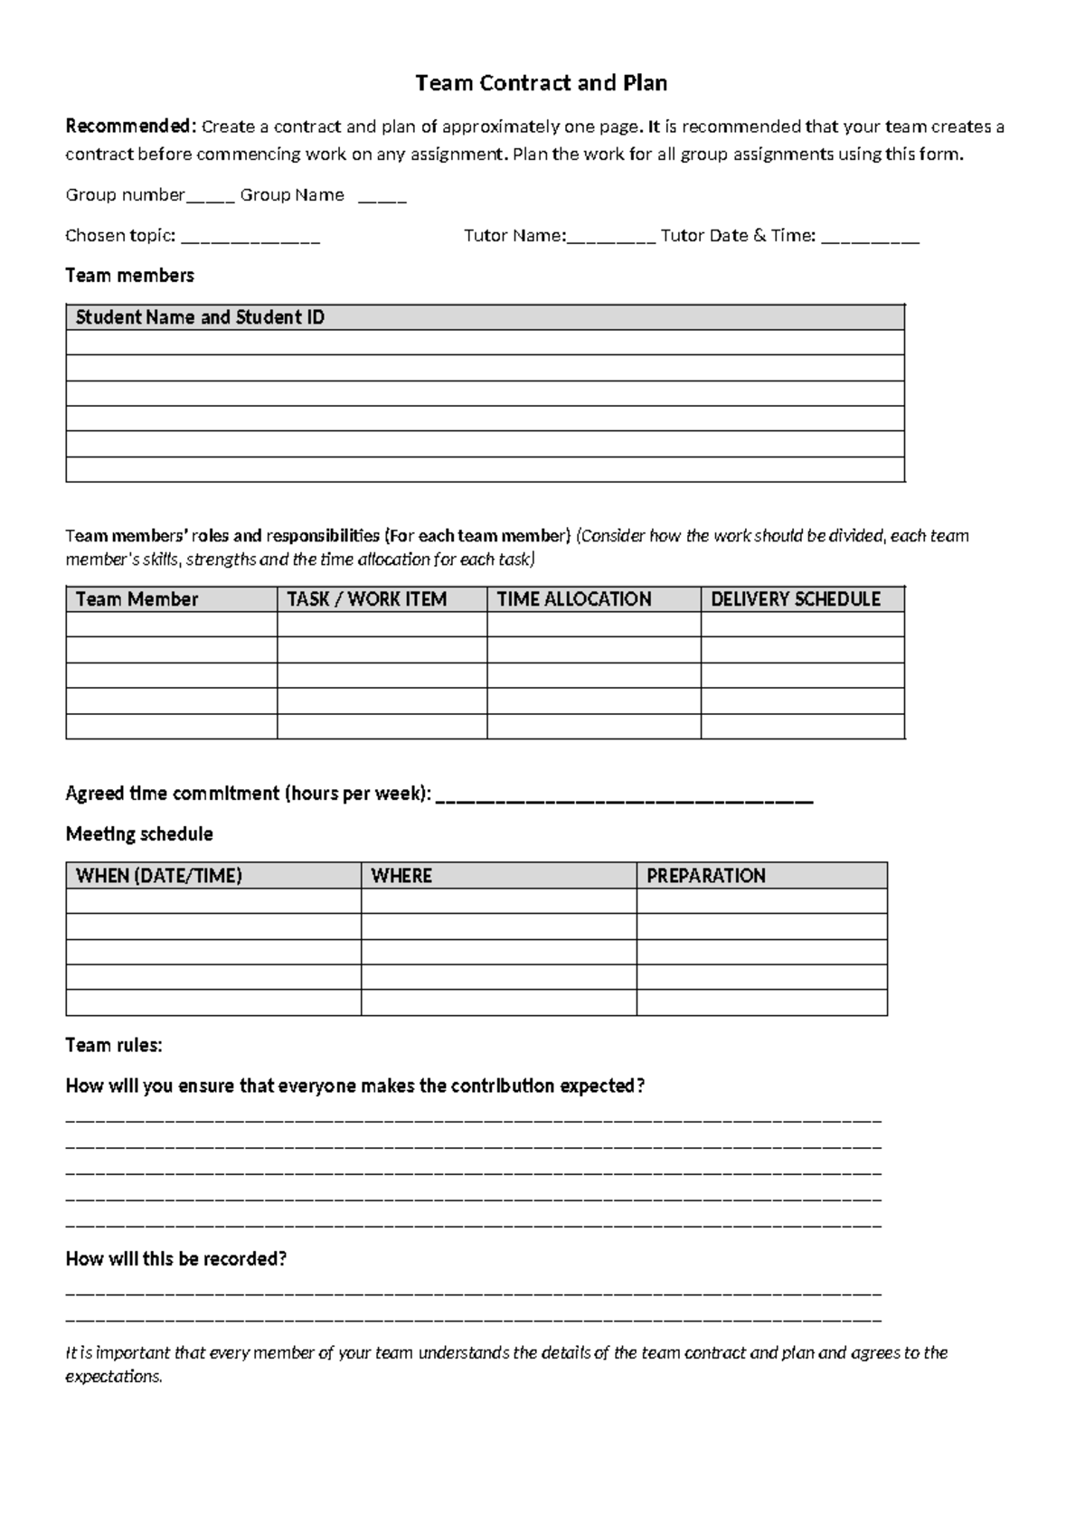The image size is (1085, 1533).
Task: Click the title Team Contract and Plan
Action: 541,83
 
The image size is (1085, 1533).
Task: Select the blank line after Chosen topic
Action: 250,239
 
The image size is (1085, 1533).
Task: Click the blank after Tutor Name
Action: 611,239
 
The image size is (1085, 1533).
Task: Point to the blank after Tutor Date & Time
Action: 872,239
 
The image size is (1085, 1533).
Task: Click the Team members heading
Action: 129,275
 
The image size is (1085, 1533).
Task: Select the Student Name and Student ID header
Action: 200,317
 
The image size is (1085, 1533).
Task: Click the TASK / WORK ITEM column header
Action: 366,599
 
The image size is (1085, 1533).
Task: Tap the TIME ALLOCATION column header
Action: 574,599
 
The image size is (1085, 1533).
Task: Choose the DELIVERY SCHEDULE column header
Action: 795,599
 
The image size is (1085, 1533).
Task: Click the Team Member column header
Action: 137,599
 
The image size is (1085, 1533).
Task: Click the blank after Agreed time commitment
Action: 624,797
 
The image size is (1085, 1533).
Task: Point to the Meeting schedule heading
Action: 139,833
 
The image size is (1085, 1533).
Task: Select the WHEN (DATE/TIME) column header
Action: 159,875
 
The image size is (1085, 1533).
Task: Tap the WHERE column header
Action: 401,875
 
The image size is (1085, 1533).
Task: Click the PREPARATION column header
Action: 705,875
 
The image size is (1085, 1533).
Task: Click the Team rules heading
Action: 114,1045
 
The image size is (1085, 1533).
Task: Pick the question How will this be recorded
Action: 175,1258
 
